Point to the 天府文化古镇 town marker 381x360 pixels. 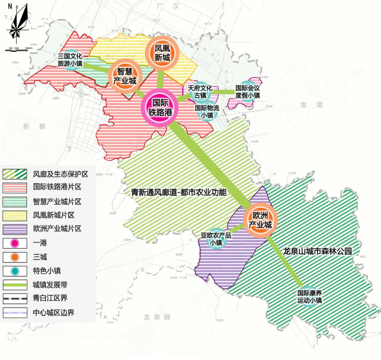(200, 92)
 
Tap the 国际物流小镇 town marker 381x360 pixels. (207, 112)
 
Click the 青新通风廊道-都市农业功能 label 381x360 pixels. (179, 193)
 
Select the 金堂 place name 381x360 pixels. (312, 104)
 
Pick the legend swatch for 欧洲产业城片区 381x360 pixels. (14, 229)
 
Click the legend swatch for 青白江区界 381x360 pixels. (14, 298)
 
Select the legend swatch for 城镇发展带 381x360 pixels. (14, 285)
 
